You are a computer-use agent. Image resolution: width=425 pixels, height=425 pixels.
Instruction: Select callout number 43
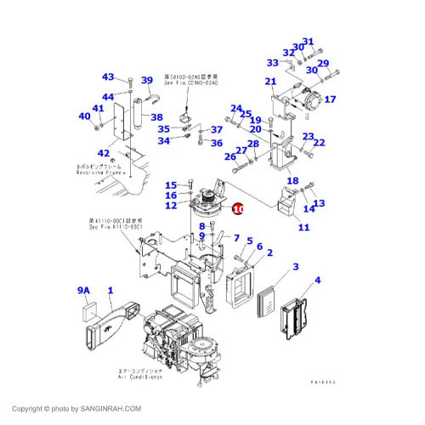[x=108, y=76]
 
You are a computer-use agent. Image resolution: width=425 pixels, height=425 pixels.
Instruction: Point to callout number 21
[x=270, y=82]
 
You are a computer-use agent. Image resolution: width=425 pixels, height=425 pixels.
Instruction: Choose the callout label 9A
[x=83, y=291]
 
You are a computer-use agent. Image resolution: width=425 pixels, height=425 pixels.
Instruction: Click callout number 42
[x=103, y=153]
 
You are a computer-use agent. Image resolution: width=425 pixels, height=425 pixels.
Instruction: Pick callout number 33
[x=272, y=62]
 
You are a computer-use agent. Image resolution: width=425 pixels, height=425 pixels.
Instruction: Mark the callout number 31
[x=308, y=42]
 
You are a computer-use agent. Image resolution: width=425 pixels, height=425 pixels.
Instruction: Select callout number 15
[x=171, y=185]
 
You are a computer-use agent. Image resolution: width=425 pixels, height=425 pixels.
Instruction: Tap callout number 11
[x=303, y=227]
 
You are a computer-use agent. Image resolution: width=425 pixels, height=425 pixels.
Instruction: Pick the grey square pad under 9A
[x=88, y=312]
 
